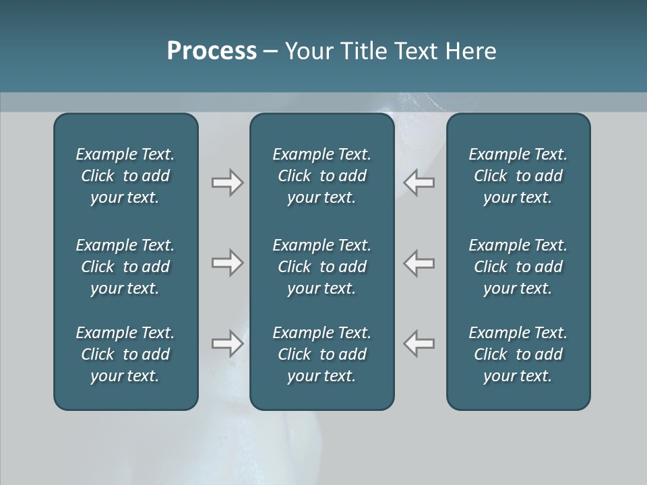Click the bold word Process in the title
tap(212, 51)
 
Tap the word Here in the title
tap(471, 51)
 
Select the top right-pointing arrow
tap(227, 183)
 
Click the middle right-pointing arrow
tap(227, 263)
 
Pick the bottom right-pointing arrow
tap(227, 344)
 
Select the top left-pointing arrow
tap(419, 183)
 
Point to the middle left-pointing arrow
tap(419, 263)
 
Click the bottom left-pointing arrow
tap(419, 344)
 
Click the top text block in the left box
tap(125, 176)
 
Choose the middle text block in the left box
tap(125, 267)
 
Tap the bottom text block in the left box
tap(125, 354)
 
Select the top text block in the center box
tap(321, 176)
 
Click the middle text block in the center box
tap(321, 267)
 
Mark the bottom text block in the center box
tap(321, 354)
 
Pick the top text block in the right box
tap(518, 176)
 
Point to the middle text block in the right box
tap(518, 267)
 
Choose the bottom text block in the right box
tap(518, 354)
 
